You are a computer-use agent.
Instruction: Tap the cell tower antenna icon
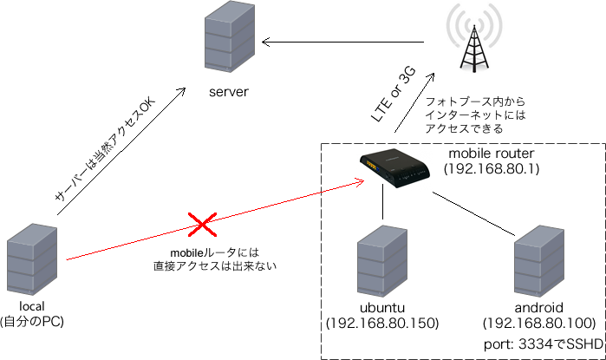[x=472, y=39]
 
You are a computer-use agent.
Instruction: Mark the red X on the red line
[x=202, y=227]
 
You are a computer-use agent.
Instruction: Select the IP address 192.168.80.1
[x=491, y=167]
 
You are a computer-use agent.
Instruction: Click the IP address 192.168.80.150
[x=381, y=323]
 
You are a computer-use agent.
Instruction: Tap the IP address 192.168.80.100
[x=539, y=323]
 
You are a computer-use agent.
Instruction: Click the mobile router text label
[x=491, y=154]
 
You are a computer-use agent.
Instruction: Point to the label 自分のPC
[x=33, y=322]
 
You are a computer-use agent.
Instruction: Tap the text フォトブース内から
[x=475, y=101]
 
